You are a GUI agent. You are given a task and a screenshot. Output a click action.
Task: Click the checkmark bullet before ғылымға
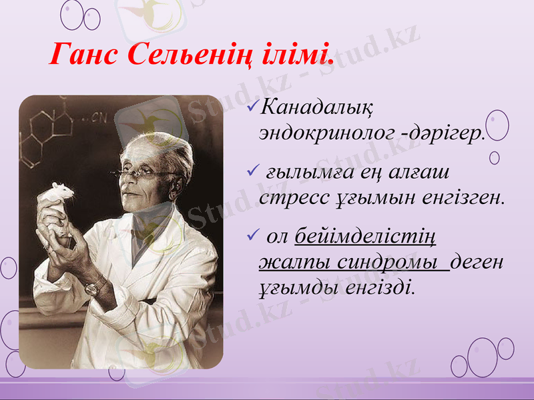click(251, 173)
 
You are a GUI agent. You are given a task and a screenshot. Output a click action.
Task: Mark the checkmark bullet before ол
click(251, 235)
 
